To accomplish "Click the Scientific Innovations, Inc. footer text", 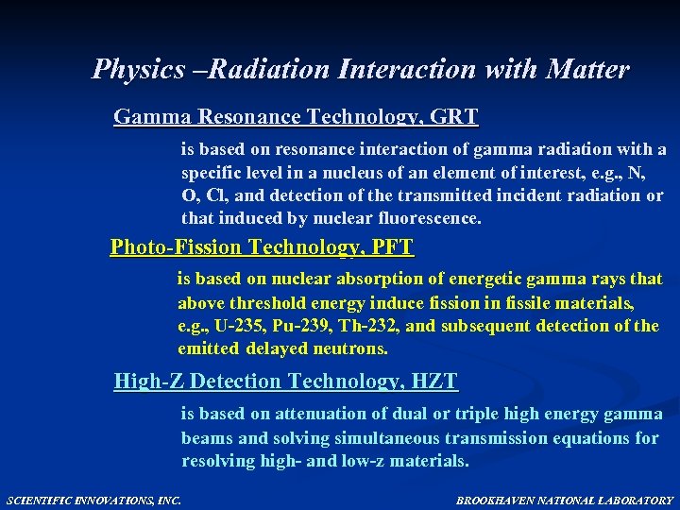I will [94, 499].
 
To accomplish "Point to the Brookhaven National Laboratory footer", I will [565, 499].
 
